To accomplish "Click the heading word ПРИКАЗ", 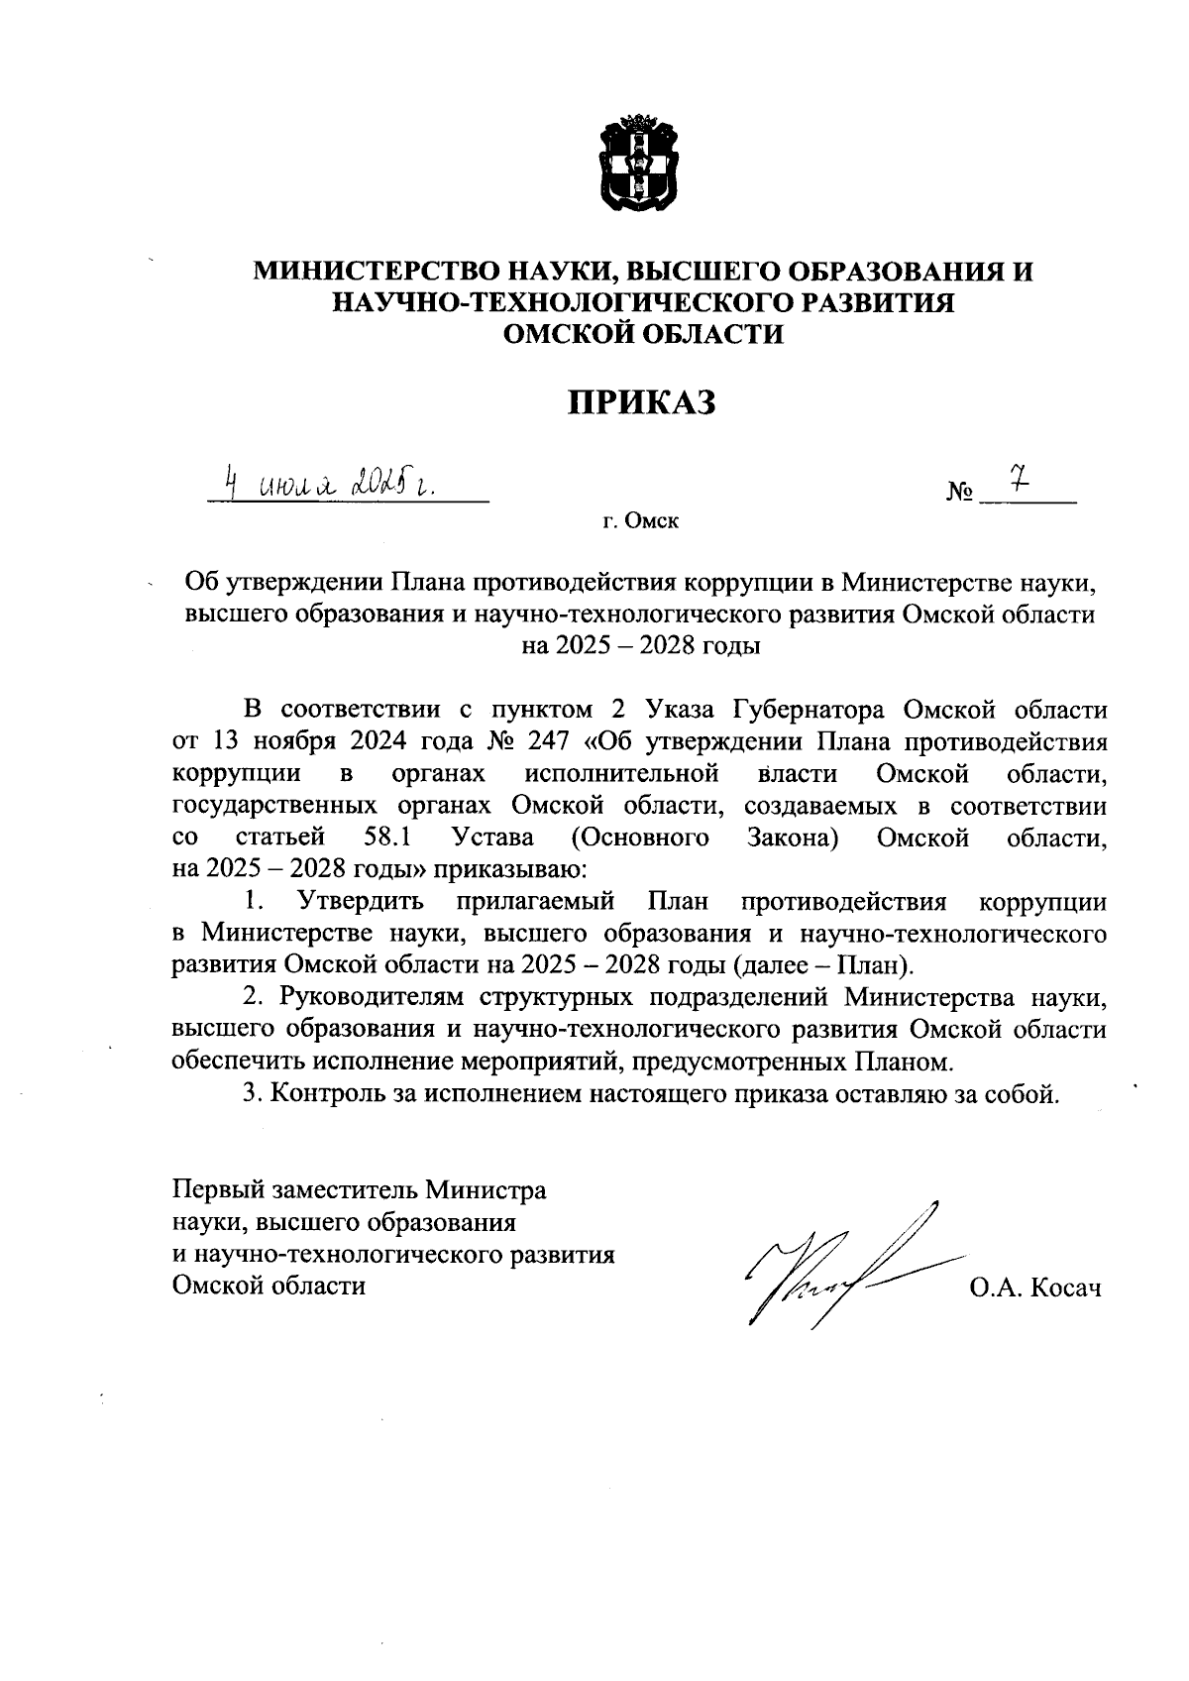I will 640,401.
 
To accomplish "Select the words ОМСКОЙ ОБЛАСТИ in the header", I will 643,334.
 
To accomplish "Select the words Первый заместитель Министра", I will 359,1188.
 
